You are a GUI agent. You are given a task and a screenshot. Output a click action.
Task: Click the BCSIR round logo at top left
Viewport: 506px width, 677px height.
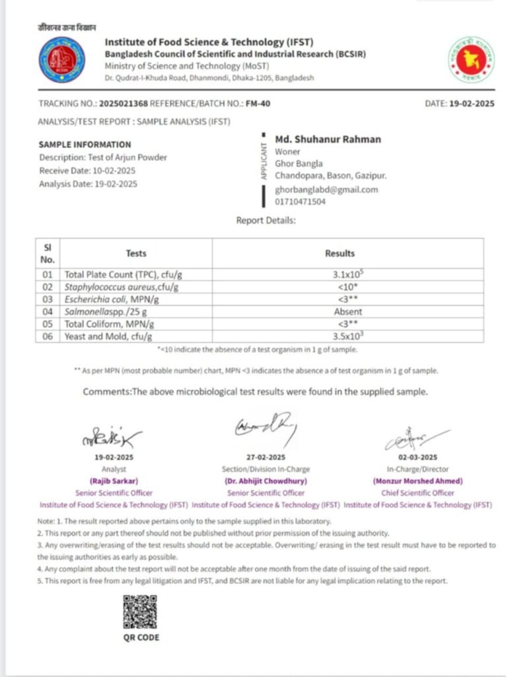pos(61,60)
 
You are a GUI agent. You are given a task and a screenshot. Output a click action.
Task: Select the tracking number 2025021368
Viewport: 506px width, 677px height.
pos(123,104)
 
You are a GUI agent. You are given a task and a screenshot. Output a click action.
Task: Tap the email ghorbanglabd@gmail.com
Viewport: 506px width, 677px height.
pos(326,190)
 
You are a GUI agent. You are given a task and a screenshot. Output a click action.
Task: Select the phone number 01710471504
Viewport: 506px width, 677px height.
pos(301,202)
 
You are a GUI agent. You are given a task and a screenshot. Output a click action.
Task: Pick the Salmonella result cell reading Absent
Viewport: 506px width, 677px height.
pos(347,311)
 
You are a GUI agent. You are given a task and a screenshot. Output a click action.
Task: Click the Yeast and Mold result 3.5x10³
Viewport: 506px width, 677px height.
pos(347,337)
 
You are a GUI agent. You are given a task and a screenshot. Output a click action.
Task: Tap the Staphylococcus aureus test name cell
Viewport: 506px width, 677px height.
pos(122,287)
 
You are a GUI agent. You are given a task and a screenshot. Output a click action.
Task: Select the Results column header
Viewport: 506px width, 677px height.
pos(340,253)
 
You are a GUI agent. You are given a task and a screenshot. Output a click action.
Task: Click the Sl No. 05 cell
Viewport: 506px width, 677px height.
pos(48,324)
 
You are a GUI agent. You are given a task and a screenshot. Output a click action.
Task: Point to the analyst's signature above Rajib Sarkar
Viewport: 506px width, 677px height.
pos(112,436)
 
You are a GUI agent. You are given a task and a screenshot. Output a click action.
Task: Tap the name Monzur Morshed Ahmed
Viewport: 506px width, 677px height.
pos(417,481)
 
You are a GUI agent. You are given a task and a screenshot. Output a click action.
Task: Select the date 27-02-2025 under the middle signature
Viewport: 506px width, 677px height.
pos(266,457)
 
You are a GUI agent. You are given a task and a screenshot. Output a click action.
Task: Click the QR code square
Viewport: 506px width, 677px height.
pos(140,612)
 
